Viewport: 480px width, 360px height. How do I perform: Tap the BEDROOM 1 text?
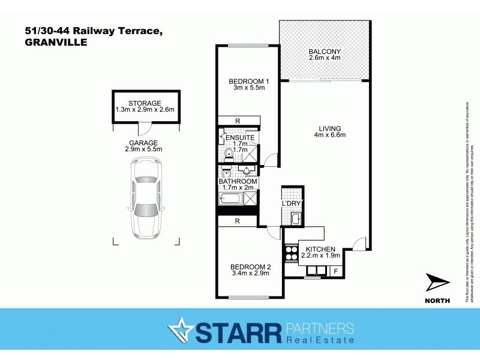pyautogui.click(x=247, y=81)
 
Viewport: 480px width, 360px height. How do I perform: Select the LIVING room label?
pyautogui.click(x=329, y=128)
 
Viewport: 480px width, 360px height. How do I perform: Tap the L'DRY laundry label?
pyautogui.click(x=290, y=203)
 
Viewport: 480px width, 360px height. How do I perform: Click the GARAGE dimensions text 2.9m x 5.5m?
pyautogui.click(x=143, y=149)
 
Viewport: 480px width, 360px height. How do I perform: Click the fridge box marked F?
pyautogui.click(x=335, y=271)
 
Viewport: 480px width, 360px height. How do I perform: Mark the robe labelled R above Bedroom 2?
pyautogui.click(x=238, y=221)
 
